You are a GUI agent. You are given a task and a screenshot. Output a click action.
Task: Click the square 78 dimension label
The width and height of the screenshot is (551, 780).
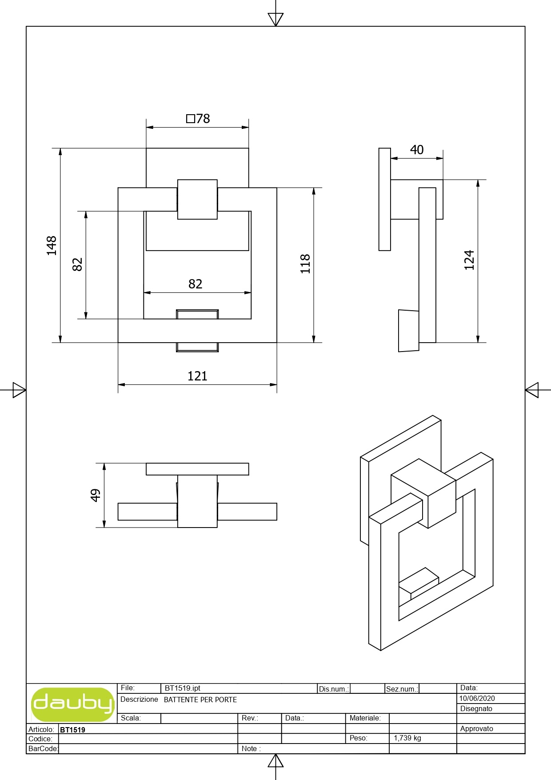coord(198,119)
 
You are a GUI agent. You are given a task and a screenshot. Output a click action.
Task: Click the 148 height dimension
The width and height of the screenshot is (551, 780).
coord(52,245)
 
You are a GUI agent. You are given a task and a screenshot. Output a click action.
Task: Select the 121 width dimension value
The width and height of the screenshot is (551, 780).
coord(197,376)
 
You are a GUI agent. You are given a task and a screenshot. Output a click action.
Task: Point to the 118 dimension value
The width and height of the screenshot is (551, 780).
coord(305,264)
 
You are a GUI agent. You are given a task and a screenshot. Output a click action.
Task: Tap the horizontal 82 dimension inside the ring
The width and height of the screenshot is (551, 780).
coord(196,284)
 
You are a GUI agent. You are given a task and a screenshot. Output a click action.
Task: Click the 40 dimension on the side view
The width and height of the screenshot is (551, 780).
coord(417,150)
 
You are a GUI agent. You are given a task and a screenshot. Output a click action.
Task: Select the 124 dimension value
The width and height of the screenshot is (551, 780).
coord(469,260)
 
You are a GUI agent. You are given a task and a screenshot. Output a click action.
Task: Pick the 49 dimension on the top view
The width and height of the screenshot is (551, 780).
coord(96,495)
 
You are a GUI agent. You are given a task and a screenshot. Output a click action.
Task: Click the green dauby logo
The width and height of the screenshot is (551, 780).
coord(73,704)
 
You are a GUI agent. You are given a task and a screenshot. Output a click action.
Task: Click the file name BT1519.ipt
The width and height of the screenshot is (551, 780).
coord(183,688)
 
